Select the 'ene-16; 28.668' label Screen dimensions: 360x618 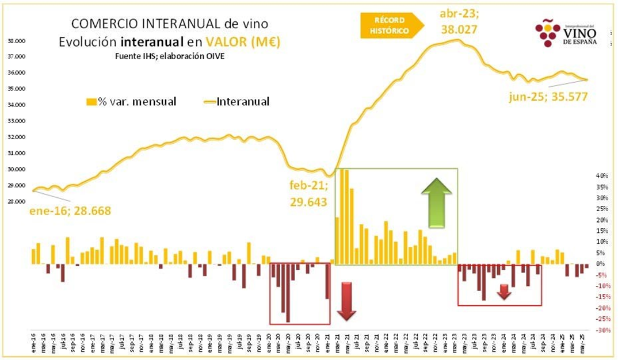click(70, 211)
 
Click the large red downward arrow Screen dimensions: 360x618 click(347, 301)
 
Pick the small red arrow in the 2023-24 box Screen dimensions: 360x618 click(504, 292)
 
